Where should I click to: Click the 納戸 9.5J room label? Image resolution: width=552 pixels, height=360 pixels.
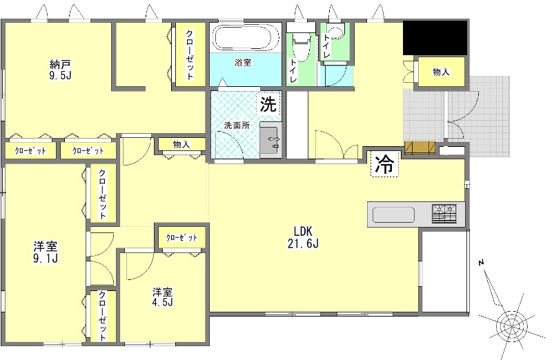[x=61, y=70]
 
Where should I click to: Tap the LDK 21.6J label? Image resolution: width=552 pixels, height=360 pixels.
[x=303, y=237]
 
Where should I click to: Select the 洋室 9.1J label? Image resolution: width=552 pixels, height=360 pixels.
[x=46, y=252]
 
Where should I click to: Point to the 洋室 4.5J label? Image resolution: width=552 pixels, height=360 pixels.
[x=162, y=297]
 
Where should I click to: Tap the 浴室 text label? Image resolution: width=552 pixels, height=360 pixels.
[x=243, y=63]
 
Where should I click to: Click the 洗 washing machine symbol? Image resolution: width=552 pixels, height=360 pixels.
[x=268, y=103]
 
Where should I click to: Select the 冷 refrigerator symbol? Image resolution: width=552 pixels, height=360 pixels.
[x=384, y=164]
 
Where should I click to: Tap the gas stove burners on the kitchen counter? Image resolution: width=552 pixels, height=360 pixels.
[x=444, y=213]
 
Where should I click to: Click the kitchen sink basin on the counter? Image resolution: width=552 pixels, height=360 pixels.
[x=393, y=214]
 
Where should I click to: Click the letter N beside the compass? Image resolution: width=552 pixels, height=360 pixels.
[x=481, y=263]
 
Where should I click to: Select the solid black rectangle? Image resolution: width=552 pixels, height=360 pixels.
[x=435, y=38]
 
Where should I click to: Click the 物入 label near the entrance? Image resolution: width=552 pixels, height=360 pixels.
[x=441, y=72]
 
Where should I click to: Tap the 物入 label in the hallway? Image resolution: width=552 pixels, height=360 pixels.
[x=181, y=144]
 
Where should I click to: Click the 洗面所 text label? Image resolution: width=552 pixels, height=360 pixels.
[x=237, y=126]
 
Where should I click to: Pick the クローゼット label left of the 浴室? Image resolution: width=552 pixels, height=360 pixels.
[x=190, y=55]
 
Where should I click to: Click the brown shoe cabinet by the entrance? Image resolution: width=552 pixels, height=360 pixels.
[x=420, y=148]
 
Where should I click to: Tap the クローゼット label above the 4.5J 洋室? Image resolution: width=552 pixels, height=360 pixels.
[x=181, y=237]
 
